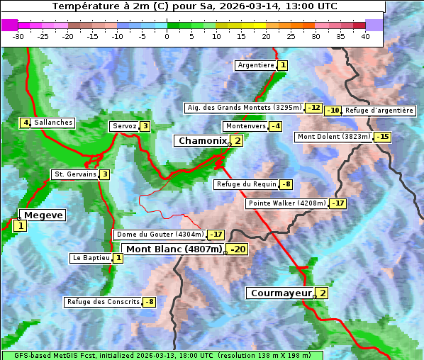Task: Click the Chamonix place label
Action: click(202, 141)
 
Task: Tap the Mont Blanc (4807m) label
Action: click(174, 249)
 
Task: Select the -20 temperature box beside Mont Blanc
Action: click(238, 249)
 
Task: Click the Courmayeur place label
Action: click(281, 293)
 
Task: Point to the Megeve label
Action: click(43, 215)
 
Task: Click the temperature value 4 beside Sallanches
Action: click(25, 123)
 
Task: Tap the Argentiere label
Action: click(256, 65)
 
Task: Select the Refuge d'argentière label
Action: click(379, 111)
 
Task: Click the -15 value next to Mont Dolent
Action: click(383, 137)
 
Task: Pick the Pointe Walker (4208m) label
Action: click(287, 203)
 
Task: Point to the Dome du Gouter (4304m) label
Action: click(160, 235)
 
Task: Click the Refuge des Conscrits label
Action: click(103, 302)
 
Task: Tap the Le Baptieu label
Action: click(91, 258)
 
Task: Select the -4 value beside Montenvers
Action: click(275, 126)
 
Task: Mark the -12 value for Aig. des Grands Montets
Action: click(314, 108)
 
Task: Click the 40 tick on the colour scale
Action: click(365, 35)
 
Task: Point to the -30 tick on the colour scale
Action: click(18, 35)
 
